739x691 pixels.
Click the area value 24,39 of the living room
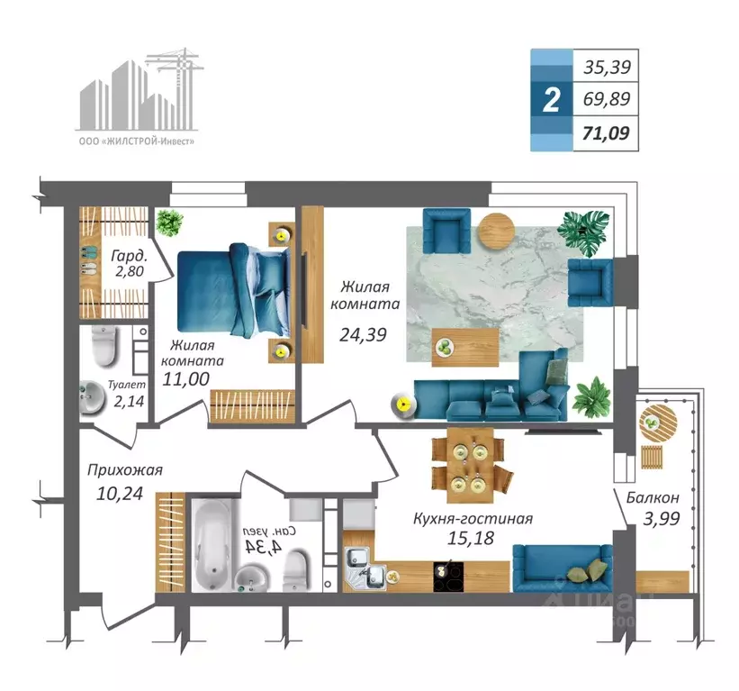click(x=363, y=334)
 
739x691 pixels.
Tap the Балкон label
click(x=653, y=497)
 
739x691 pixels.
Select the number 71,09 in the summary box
click(x=606, y=133)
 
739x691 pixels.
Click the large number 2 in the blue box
click(x=552, y=99)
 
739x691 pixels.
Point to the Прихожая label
click(x=125, y=469)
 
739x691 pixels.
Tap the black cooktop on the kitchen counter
click(x=448, y=576)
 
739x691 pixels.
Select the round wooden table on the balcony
click(x=658, y=423)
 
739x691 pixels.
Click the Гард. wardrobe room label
click(x=129, y=256)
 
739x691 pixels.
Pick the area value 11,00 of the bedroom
click(x=185, y=378)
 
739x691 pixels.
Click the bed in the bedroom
click(x=233, y=291)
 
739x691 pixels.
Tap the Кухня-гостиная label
click(x=473, y=518)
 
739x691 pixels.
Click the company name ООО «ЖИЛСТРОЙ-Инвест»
click(x=136, y=141)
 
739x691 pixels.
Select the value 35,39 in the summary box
click(x=607, y=68)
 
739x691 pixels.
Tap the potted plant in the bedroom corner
click(x=169, y=223)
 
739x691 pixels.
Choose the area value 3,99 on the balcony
click(x=662, y=518)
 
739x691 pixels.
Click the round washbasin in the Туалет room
click(x=92, y=397)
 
